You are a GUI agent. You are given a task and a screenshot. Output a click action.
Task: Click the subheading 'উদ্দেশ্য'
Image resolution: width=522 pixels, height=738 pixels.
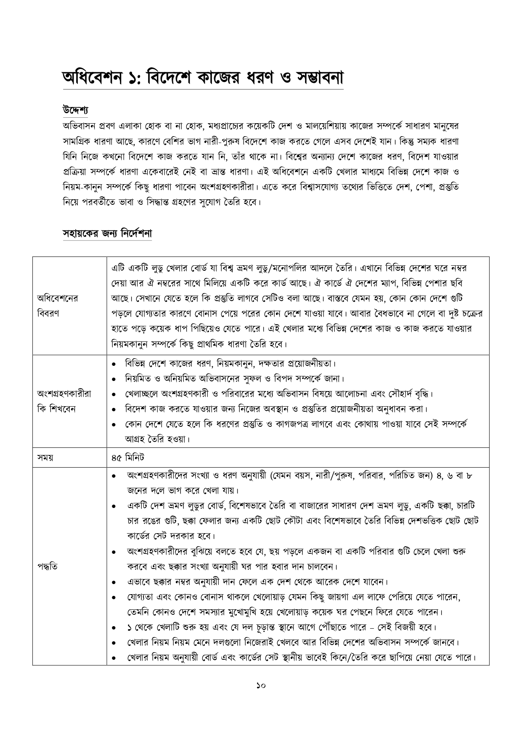click(x=74, y=110)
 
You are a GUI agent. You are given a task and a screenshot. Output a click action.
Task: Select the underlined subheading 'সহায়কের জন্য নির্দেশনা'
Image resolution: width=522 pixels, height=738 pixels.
click(x=107, y=233)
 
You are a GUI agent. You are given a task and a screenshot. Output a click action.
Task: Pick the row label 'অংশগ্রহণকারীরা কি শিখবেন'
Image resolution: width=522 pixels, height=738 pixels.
click(x=64, y=401)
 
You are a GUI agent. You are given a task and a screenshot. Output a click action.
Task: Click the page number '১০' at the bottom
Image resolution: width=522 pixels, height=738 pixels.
click(x=261, y=685)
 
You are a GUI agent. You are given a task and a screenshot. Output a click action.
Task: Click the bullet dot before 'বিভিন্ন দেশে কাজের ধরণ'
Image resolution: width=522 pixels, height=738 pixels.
click(x=115, y=364)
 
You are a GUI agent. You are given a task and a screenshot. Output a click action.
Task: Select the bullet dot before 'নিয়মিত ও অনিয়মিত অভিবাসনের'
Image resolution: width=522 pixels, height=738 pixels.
click(x=115, y=379)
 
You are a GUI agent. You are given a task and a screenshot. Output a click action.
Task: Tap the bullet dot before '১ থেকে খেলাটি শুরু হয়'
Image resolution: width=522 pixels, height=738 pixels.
click(x=115, y=628)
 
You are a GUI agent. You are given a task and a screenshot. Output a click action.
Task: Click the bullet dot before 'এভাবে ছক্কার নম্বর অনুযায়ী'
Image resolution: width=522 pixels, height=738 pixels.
click(x=115, y=582)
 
